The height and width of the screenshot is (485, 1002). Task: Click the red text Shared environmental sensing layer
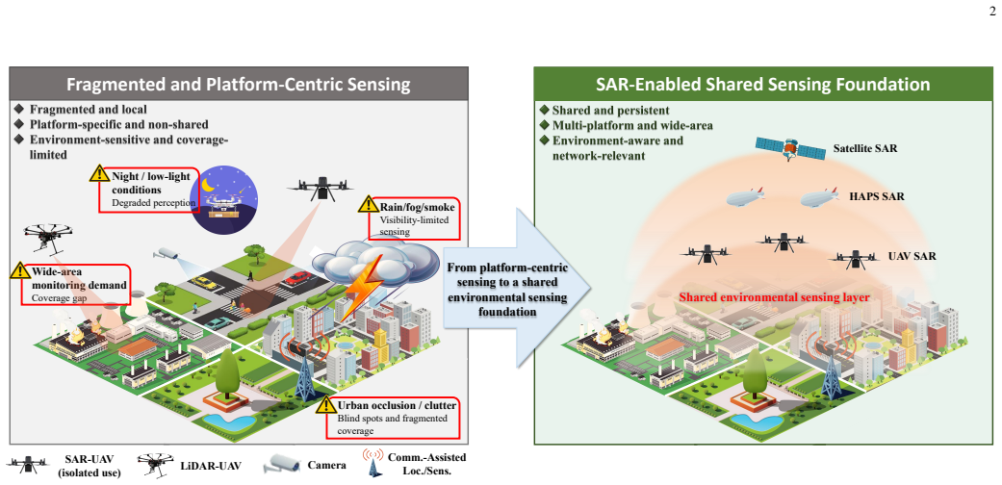(x=774, y=297)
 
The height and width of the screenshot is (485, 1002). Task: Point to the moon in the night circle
(x=209, y=185)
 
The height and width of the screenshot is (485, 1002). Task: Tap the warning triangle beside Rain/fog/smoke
(x=368, y=204)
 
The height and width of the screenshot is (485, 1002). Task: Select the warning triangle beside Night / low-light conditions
(x=99, y=172)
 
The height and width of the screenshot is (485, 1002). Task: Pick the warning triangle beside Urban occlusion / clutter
(x=326, y=404)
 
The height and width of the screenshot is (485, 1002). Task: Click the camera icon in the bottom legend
(x=281, y=464)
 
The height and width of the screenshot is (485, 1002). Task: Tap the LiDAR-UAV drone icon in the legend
(x=155, y=465)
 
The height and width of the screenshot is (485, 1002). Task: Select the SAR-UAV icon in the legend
(x=26, y=465)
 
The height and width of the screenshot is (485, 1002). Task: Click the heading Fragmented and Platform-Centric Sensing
(x=239, y=85)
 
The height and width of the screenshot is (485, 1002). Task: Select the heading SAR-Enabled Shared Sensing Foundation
(x=763, y=85)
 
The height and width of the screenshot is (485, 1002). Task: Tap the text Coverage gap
(x=56, y=297)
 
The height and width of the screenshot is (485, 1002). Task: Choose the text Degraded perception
(x=153, y=202)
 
